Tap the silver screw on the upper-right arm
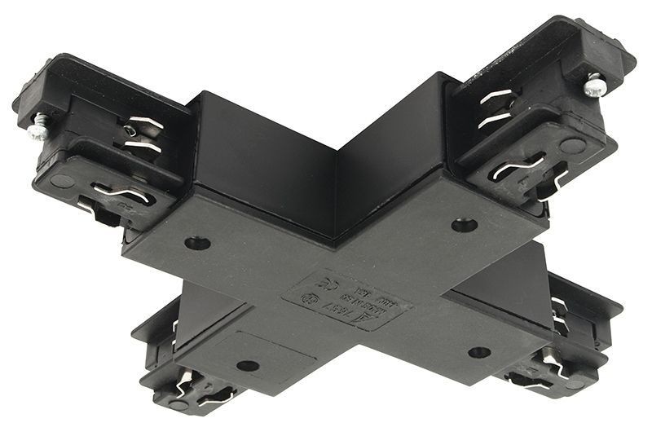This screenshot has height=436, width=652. [x=593, y=84]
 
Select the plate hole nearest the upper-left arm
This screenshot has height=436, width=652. [x=196, y=242]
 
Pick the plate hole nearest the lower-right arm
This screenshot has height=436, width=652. [x=479, y=352]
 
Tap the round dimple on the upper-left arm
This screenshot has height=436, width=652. [x=62, y=181]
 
